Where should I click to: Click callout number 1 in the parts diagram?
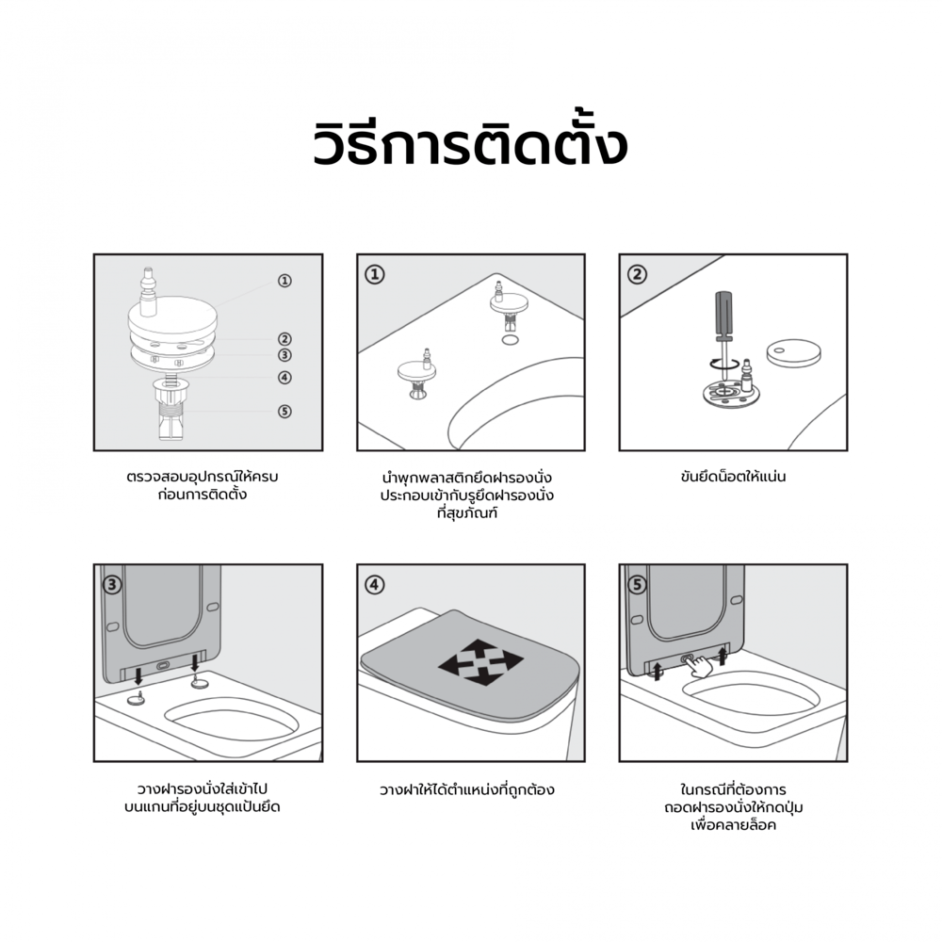click(x=284, y=281)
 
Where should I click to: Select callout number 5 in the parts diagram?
click(x=284, y=412)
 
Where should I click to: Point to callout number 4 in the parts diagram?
click(x=284, y=378)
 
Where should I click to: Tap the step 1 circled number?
click(x=375, y=274)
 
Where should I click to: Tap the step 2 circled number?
click(x=637, y=274)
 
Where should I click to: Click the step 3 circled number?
click(x=112, y=585)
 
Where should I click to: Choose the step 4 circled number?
click(x=375, y=585)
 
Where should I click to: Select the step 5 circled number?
click(x=637, y=585)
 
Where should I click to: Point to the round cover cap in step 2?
click(x=793, y=352)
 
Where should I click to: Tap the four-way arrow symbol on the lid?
click(x=480, y=661)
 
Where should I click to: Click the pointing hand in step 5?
click(x=700, y=667)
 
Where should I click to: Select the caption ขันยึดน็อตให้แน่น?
click(x=733, y=477)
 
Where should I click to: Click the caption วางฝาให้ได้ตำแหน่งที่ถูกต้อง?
click(x=467, y=789)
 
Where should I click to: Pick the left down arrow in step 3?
click(x=138, y=674)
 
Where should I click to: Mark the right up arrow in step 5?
click(x=723, y=655)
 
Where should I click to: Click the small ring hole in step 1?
click(x=510, y=340)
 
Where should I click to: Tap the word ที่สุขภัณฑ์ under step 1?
click(x=467, y=513)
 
